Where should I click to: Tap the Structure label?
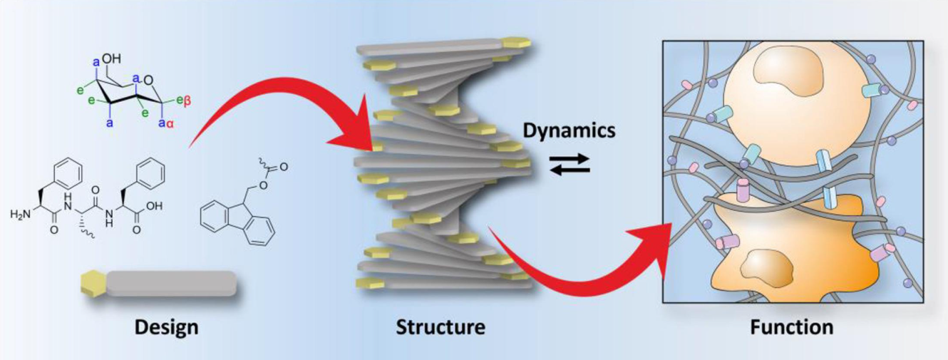pos(440,327)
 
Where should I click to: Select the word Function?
pos(791,327)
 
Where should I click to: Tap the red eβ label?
pos(181,101)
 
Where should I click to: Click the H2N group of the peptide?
pos(22,213)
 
